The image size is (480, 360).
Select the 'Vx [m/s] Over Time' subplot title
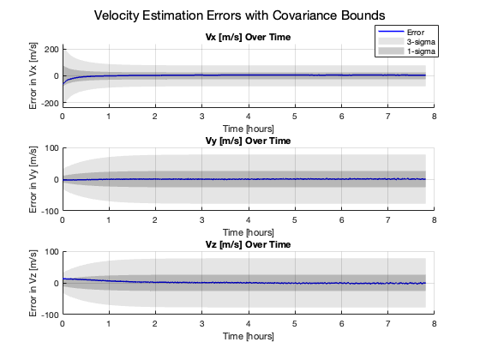click(x=248, y=37)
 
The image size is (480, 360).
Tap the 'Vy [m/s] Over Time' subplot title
click(x=248, y=141)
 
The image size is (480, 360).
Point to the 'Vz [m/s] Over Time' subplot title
click(x=248, y=244)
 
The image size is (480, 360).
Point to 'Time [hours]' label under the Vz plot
click(x=248, y=336)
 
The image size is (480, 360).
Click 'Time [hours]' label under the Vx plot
click(x=248, y=128)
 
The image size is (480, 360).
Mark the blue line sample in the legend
click(x=389, y=31)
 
